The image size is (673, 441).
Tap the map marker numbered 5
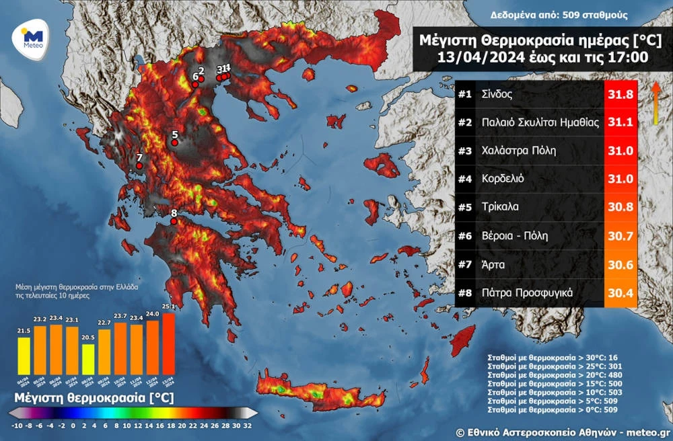175,143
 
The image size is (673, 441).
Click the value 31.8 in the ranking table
620,95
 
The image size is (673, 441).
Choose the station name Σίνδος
497,95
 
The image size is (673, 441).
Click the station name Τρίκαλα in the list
500,207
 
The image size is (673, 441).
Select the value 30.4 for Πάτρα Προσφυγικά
620,292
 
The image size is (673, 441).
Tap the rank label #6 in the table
464,235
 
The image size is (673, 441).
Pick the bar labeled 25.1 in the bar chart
168,343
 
